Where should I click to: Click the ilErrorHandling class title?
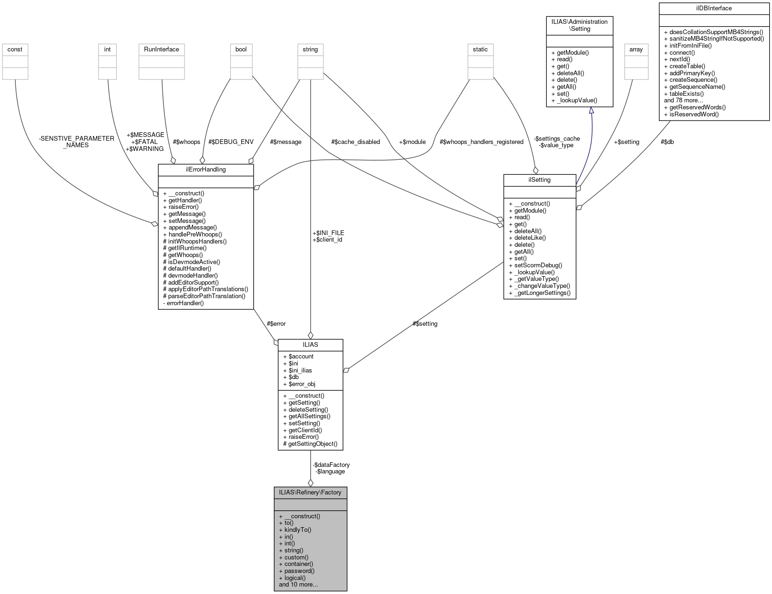206,170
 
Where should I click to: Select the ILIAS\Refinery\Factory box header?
310,493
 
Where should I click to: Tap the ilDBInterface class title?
714,8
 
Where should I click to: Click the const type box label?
15,50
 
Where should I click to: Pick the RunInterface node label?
161,50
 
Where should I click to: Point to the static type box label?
480,50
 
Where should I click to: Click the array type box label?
636,50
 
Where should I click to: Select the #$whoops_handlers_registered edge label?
481,142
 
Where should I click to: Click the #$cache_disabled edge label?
355,142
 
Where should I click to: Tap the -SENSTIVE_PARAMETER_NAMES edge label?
77,142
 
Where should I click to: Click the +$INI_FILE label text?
328,233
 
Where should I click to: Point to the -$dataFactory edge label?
331,465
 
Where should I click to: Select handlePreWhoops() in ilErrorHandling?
195,235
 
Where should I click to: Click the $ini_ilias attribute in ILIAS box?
300,371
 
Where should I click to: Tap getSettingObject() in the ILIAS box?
312,444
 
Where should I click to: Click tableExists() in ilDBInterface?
686,93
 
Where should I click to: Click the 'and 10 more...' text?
298,585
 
